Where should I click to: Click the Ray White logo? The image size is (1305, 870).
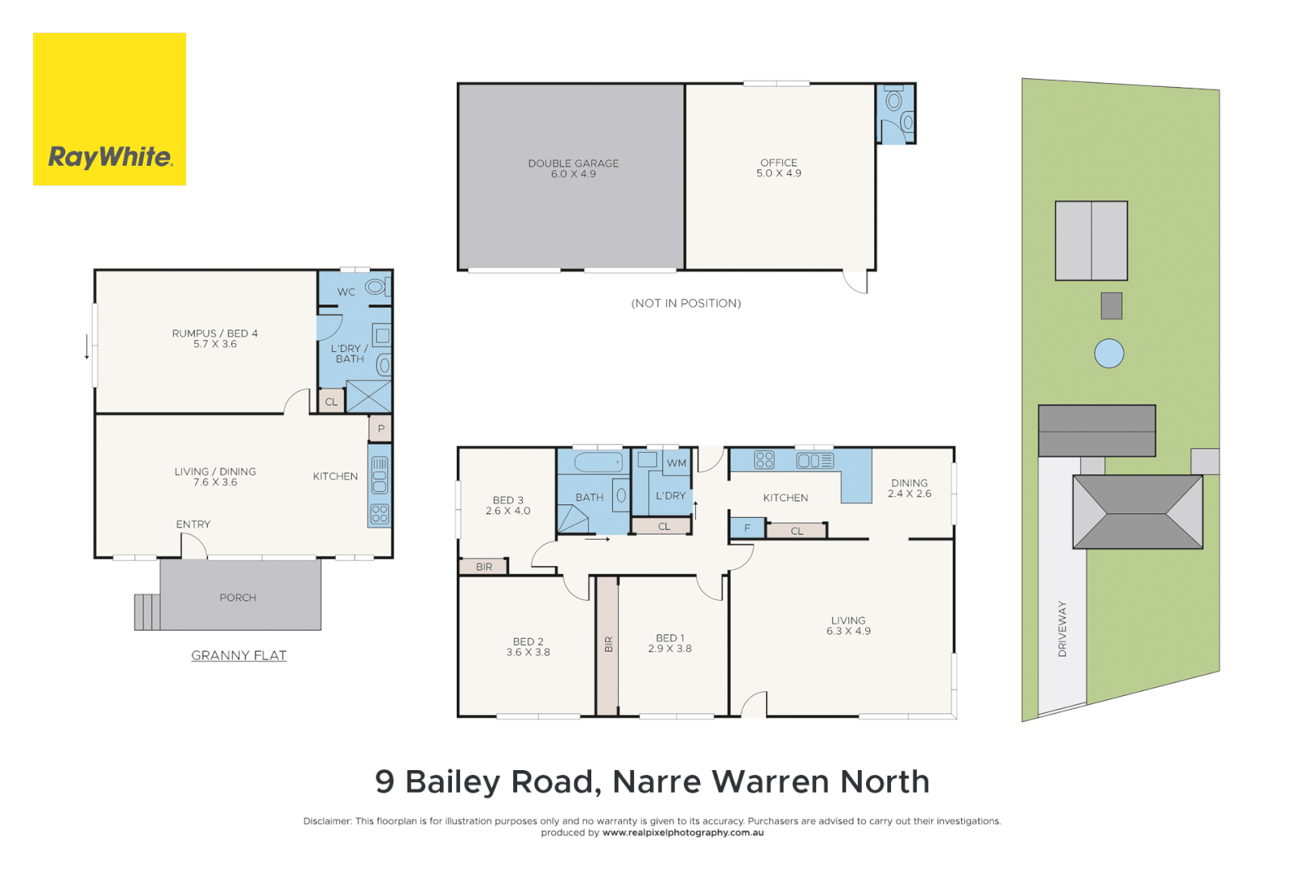click(110, 110)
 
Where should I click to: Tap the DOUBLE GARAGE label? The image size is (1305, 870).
click(573, 168)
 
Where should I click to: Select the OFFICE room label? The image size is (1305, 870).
click(778, 168)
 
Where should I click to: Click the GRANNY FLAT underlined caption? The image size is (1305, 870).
click(238, 656)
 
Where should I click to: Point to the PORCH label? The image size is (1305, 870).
click(238, 598)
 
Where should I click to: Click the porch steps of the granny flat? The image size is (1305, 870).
click(147, 611)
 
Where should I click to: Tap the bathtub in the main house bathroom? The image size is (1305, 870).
click(598, 462)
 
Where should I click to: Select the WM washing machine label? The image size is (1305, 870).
click(677, 463)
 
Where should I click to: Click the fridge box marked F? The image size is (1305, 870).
click(747, 528)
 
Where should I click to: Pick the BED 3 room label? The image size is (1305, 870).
click(507, 505)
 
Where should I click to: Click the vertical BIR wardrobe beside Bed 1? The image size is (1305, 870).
click(607, 644)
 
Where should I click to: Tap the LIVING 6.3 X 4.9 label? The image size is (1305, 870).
click(848, 626)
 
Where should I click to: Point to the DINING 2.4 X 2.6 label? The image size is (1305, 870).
click(909, 488)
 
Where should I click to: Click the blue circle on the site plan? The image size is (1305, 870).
click(1108, 354)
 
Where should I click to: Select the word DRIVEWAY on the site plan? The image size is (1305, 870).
click(1062, 628)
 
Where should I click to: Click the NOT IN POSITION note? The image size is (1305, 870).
click(686, 304)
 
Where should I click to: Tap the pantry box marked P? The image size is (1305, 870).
click(381, 429)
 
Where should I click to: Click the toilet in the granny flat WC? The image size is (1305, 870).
click(376, 287)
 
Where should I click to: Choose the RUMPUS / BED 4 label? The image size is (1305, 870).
click(214, 338)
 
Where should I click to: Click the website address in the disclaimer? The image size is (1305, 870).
click(682, 833)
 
